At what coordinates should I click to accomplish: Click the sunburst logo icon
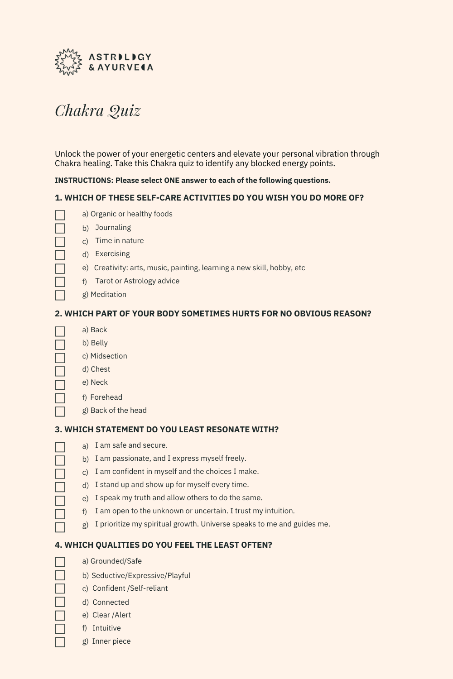click(68, 62)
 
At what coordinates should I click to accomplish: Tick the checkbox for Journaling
click(60, 228)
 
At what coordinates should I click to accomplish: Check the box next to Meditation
click(60, 295)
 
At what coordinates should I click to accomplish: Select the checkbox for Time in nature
click(60, 242)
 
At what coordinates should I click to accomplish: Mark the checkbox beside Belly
click(60, 344)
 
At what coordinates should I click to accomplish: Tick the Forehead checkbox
click(60, 398)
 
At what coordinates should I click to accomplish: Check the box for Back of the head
click(60, 411)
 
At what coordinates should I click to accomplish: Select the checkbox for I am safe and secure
click(60, 447)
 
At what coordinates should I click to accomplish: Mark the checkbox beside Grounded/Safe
click(60, 562)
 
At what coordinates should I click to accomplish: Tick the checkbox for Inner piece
click(60, 642)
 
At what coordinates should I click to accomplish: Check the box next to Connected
click(60, 602)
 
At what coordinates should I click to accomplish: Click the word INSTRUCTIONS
click(84, 181)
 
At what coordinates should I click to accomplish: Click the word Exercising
click(112, 254)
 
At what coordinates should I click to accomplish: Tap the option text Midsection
click(109, 356)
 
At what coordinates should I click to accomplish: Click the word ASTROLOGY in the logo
click(120, 57)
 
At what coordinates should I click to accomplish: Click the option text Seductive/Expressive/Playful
click(141, 576)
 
